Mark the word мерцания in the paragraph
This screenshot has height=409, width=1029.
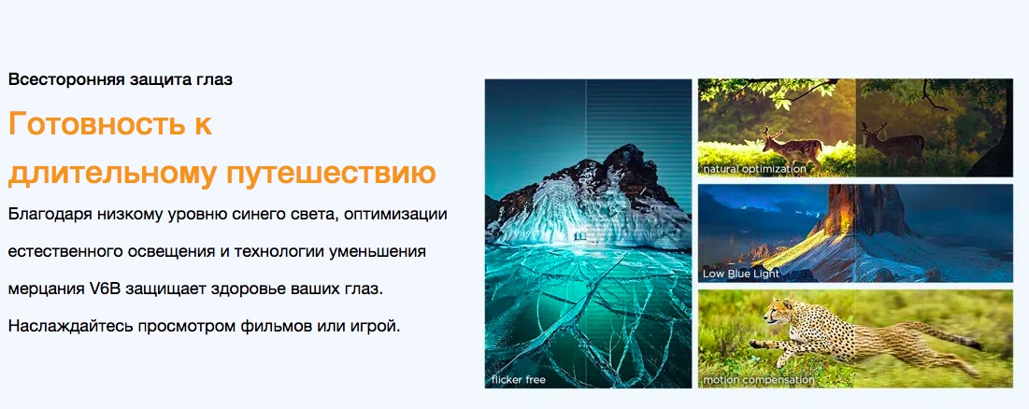pos(45,289)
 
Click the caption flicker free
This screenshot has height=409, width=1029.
pos(519,379)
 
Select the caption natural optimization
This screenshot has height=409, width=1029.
pos(754,169)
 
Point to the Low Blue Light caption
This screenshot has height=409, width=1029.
pos(741,274)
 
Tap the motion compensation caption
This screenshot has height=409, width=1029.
pos(759,379)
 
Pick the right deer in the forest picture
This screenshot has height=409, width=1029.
pos(893,144)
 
